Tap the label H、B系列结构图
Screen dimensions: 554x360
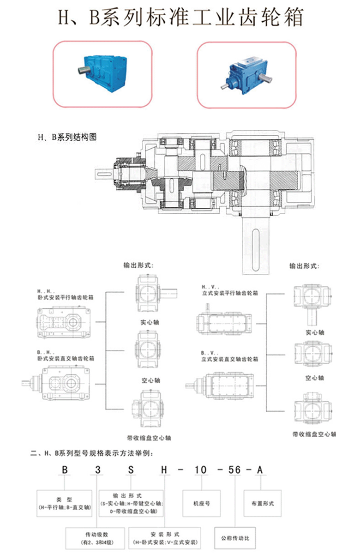[67, 137]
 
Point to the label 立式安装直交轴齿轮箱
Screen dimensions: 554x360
[229, 359]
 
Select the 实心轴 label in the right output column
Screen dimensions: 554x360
[314, 332]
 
